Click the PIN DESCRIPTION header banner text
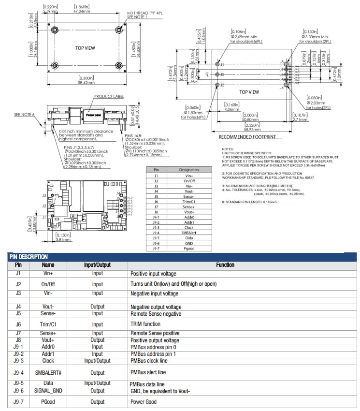click(x=29, y=257)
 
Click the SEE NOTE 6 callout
click(x=25, y=115)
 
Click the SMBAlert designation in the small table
click(x=189, y=233)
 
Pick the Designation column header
click(x=189, y=170)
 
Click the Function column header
click(x=225, y=265)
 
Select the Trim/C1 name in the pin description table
click(x=48, y=324)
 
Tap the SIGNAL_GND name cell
click(x=48, y=391)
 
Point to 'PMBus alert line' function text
click(x=148, y=372)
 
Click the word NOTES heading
click(x=227, y=149)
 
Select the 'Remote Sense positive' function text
click(x=155, y=333)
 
